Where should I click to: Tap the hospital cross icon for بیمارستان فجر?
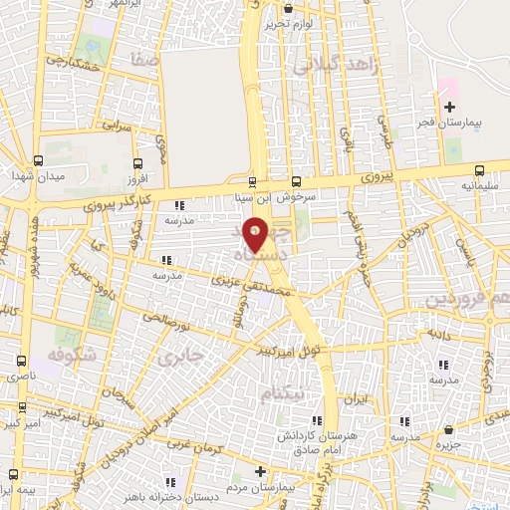click(x=449, y=107)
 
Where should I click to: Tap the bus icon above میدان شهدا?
click(x=38, y=159)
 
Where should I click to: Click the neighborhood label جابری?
click(x=188, y=354)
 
